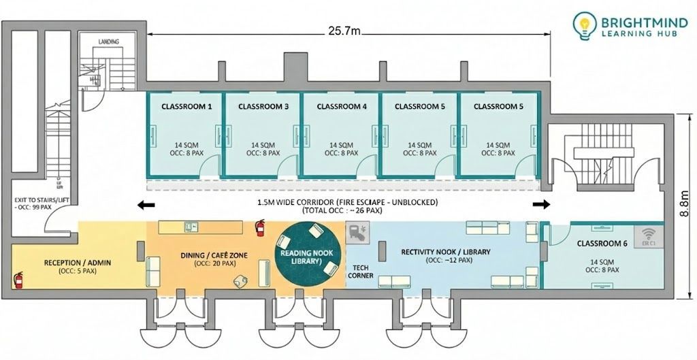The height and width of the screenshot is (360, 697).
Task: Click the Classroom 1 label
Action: pos(187,107)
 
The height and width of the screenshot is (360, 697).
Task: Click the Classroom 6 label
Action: pos(602,243)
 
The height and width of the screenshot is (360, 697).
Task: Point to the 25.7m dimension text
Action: pos(344,31)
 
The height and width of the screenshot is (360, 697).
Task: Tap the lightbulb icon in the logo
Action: pos(583,26)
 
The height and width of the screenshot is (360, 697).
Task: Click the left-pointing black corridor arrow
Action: pos(146,204)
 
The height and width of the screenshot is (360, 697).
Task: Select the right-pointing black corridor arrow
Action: pos(542,204)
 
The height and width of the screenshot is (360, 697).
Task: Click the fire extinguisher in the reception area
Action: pos(18,279)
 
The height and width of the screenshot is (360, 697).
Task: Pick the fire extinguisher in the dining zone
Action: pos(259,227)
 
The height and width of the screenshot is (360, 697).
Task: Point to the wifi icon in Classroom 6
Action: pos(648,233)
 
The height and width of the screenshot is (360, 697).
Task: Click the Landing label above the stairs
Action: pos(109,42)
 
